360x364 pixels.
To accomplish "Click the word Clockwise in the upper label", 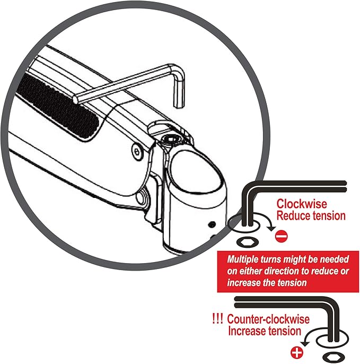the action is pos(302,204).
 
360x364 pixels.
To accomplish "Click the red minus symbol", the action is pos(282,237).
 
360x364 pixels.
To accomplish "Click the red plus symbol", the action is pos(297,353).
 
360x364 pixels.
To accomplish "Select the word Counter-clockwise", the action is pos(268,319).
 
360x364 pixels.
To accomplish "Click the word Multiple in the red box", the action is pos(243,259).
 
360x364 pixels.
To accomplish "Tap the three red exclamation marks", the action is pos(217,319).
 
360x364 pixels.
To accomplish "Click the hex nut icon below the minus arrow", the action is pos(248,242).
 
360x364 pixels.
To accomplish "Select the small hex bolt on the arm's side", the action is pos(136,152).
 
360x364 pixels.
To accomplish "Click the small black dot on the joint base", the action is pos(212,224).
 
